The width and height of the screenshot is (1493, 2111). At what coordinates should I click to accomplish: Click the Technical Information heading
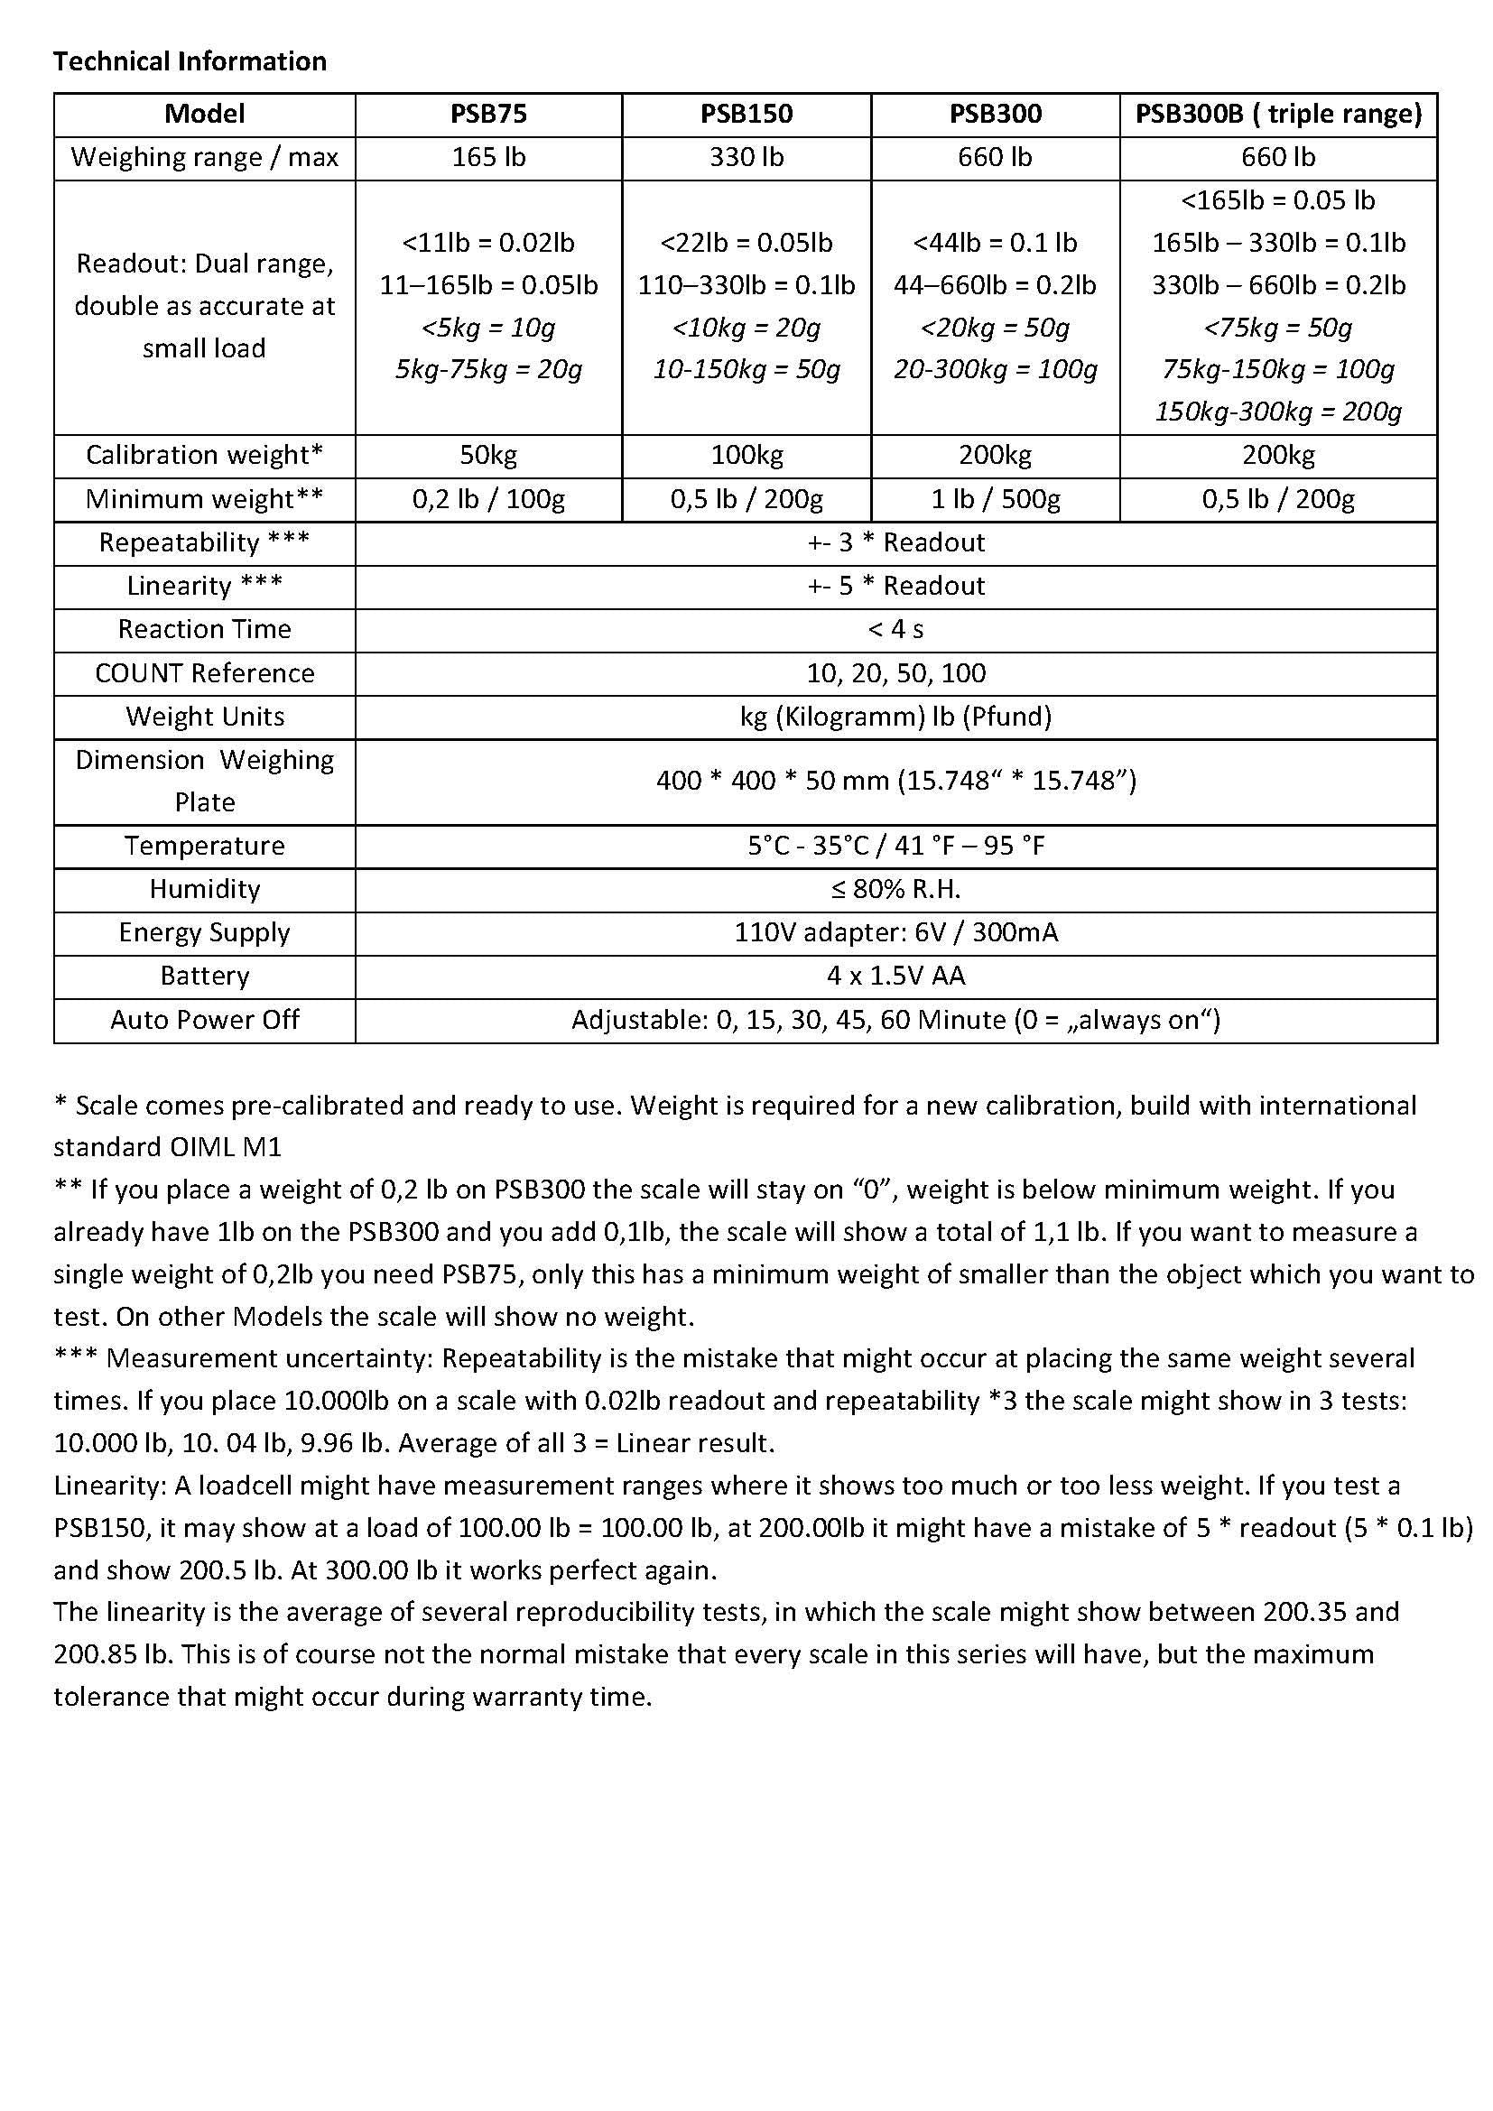pos(190,61)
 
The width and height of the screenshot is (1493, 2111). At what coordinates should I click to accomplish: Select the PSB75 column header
pos(488,114)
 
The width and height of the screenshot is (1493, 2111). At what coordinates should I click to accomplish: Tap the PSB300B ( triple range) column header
pos(1278,114)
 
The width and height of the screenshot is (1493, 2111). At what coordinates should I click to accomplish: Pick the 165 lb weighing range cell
pos(488,157)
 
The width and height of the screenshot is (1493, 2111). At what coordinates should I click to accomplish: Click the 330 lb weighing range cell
pos(746,157)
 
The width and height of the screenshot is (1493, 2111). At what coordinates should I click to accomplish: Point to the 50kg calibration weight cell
pos(488,455)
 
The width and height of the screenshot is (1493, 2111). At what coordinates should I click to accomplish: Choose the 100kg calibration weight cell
pos(746,455)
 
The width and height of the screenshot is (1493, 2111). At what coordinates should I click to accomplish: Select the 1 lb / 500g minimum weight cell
pos(995,499)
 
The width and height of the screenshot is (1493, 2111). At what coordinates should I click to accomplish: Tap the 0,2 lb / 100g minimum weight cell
pos(488,499)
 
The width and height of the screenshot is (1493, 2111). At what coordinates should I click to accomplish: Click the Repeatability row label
pos(204,542)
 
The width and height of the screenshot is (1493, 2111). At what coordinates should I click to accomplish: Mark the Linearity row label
pos(204,586)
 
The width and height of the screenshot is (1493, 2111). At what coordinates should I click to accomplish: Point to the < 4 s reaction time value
pos(895,629)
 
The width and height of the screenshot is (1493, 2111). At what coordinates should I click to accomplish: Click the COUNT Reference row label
pos(204,673)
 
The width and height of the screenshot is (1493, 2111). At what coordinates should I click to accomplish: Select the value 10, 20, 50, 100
pos(895,673)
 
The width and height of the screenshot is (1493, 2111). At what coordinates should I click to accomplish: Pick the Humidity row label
pos(204,889)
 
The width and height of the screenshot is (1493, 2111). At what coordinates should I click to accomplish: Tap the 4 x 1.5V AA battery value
pos(895,976)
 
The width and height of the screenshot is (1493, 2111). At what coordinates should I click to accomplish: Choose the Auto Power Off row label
pos(204,1020)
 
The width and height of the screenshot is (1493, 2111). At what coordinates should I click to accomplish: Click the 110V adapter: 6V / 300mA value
pos(895,932)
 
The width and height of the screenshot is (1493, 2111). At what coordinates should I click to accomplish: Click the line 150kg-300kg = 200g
pos(1278,412)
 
